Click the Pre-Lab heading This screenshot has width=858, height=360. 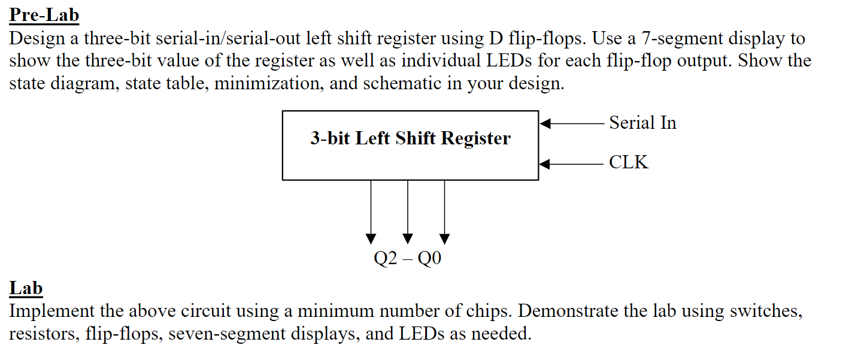pos(44,15)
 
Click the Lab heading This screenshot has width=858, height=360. pos(26,288)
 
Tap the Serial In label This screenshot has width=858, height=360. pos(642,123)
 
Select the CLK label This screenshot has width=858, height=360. pos(629,162)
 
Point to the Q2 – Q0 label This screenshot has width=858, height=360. pos(407,259)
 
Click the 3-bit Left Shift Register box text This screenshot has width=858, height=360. pos(410,138)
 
